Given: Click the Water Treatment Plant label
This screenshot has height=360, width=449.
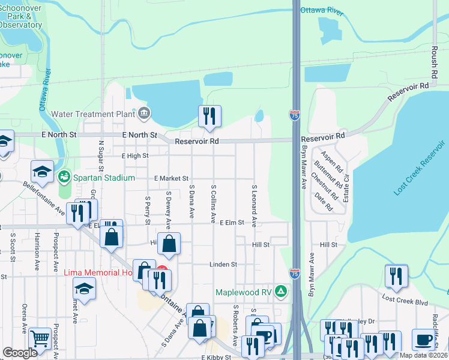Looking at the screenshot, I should pyautogui.click(x=94, y=113).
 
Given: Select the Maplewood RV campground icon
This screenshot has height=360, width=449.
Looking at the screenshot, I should pyautogui.click(x=280, y=292).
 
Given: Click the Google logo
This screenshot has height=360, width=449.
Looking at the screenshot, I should pyautogui.click(x=20, y=353).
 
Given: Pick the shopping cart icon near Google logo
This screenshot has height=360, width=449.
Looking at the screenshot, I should pyautogui.click(x=40, y=338).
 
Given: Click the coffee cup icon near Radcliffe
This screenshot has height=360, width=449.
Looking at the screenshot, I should pyautogui.click(x=423, y=340).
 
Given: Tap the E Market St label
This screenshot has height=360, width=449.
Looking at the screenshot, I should pyautogui.click(x=171, y=178).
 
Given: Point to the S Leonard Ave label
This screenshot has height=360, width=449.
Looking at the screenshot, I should pyautogui.click(x=255, y=205).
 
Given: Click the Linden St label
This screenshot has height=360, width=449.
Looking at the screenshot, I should pyautogui.click(x=223, y=264).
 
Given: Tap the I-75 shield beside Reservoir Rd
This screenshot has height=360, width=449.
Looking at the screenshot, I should pyautogui.click(x=294, y=116).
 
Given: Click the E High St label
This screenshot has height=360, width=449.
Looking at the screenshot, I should pyautogui.click(x=134, y=155).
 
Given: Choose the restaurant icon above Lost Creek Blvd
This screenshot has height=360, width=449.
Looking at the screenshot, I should pyautogui.click(x=396, y=275).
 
